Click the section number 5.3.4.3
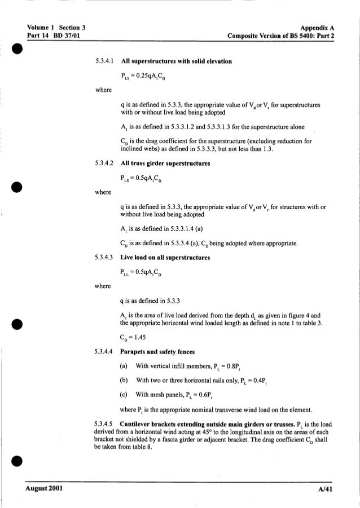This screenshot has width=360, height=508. (x=106, y=258)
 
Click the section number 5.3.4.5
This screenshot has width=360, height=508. (x=106, y=422)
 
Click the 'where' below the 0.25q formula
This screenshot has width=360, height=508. (x=103, y=89)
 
